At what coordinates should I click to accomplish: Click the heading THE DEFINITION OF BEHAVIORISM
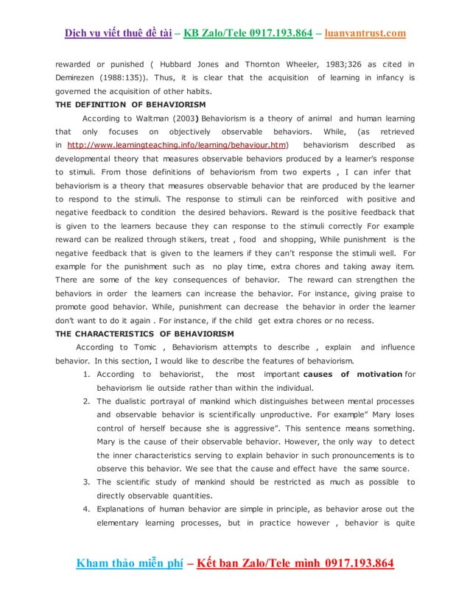(x=130, y=105)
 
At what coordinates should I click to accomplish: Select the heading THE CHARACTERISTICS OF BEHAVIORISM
(x=145, y=333)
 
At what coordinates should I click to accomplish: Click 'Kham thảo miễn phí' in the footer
(x=129, y=563)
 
